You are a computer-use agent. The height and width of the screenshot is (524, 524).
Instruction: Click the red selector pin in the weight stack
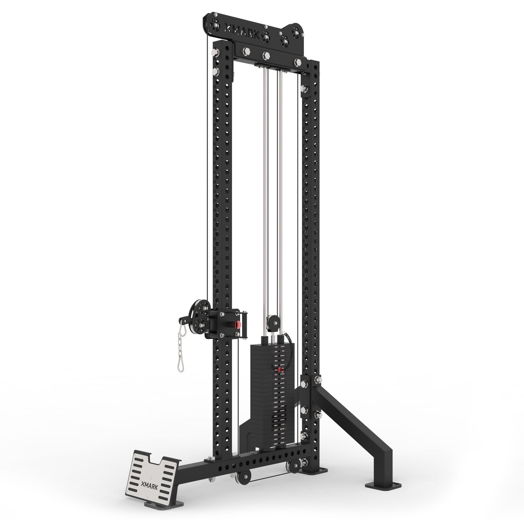(x=280, y=370)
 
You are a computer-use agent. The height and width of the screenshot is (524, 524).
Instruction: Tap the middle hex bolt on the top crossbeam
(x=267, y=55)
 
